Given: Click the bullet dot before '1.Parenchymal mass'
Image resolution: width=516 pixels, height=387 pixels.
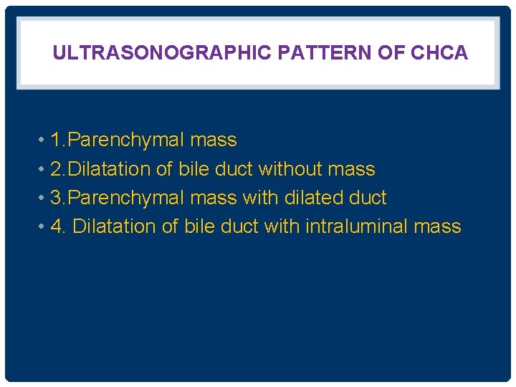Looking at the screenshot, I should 42,140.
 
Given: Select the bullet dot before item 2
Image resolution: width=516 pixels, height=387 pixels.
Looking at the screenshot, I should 42,169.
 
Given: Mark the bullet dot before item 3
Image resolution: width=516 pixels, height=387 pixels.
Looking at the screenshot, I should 42,198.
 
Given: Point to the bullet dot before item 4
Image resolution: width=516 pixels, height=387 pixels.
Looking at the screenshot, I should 42,226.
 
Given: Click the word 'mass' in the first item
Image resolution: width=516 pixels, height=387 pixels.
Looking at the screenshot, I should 213,140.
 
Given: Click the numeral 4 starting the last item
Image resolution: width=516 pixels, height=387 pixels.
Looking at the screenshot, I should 57,226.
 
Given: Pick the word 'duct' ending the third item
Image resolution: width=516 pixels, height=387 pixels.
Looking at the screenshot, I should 367,198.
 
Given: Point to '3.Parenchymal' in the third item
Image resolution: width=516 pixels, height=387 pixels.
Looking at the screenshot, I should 118,198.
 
